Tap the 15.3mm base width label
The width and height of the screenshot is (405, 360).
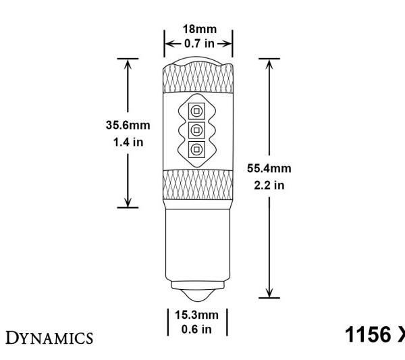(x=197, y=315)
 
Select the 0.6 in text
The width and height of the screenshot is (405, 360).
(x=197, y=328)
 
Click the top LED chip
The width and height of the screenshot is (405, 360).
(x=196, y=111)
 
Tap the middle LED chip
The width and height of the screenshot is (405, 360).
(x=196, y=129)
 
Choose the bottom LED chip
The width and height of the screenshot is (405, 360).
(x=196, y=148)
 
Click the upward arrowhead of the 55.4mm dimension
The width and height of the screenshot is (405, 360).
(x=269, y=63)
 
